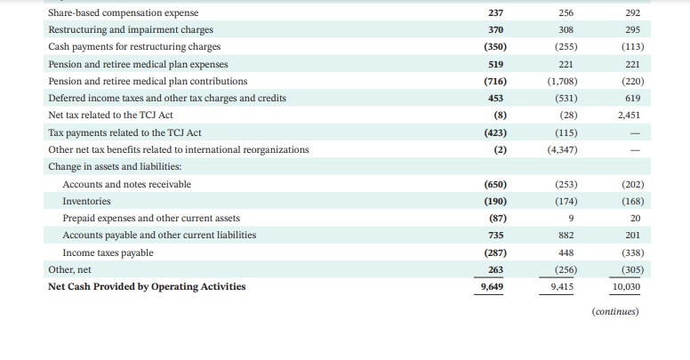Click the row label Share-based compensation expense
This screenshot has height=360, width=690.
click(x=124, y=12)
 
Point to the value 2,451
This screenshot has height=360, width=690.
click(x=630, y=116)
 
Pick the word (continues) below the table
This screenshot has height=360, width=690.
click(x=615, y=312)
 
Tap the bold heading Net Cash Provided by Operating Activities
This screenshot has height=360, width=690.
click(x=147, y=286)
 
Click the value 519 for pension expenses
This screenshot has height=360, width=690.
click(x=494, y=64)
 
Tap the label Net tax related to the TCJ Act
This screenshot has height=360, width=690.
click(x=111, y=116)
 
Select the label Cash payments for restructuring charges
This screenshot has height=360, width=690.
click(x=134, y=46)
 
